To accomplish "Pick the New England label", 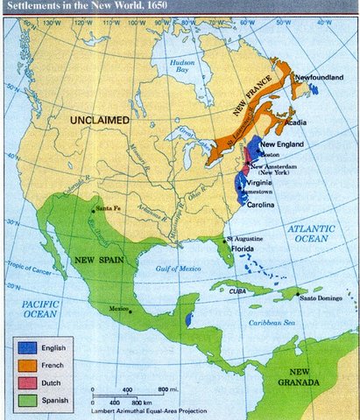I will (283, 143).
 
